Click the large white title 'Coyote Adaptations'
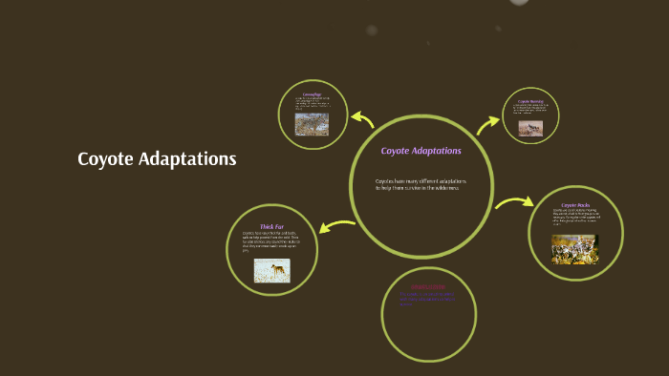[x=157, y=159]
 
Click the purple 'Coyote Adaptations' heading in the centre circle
[x=421, y=151]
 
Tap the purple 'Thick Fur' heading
[x=271, y=226]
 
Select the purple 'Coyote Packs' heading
[x=575, y=205]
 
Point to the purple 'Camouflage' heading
[x=312, y=94]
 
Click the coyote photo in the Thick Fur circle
[x=271, y=271]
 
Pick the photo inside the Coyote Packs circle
[x=574, y=249]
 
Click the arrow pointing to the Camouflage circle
[x=361, y=118]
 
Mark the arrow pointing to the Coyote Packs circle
[x=514, y=202]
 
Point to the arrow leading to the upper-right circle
[x=489, y=121]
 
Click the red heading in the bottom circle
[x=428, y=286]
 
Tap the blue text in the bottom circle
[x=427, y=299]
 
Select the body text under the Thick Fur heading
[x=271, y=241]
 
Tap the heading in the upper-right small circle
[x=530, y=101]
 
